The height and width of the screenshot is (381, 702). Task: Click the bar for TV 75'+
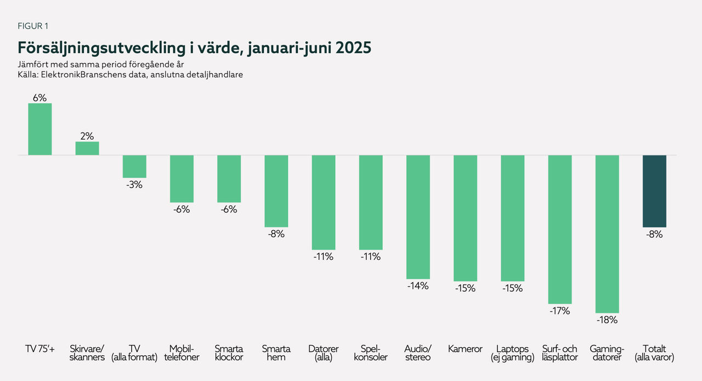pyautogui.click(x=40, y=129)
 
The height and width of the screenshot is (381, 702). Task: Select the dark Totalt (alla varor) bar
pyautogui.click(x=654, y=191)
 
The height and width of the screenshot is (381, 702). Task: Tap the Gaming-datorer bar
pyautogui.click(x=607, y=234)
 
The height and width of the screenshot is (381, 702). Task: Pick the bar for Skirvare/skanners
pyautogui.click(x=87, y=148)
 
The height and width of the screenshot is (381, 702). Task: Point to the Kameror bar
pyautogui.click(x=465, y=218)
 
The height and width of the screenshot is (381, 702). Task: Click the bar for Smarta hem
pyautogui.click(x=276, y=191)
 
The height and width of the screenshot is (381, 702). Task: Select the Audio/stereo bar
pyautogui.click(x=418, y=217)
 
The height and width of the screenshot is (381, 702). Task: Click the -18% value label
pyautogui.click(x=607, y=320)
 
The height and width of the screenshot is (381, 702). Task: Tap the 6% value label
pyautogui.click(x=40, y=97)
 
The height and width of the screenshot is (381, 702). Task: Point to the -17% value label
pyautogui.click(x=560, y=311)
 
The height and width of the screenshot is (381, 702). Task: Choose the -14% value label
pyautogui.click(x=418, y=285)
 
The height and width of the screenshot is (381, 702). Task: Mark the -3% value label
pyautogui.click(x=134, y=184)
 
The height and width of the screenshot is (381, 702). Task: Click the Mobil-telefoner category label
pyautogui.click(x=182, y=353)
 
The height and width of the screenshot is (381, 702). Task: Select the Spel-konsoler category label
pyautogui.click(x=371, y=353)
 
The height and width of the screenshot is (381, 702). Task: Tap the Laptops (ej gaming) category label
pyautogui.click(x=512, y=353)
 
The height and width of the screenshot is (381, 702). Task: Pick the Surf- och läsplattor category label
pyautogui.click(x=560, y=353)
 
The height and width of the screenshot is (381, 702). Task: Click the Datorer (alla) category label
pyautogui.click(x=324, y=353)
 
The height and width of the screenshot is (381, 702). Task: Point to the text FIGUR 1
pyautogui.click(x=33, y=26)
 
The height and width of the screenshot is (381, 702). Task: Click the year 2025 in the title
pyautogui.click(x=353, y=48)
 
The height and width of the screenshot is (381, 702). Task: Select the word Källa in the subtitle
pyautogui.click(x=29, y=75)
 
